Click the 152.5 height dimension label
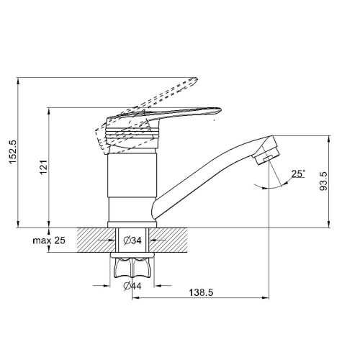click(x=12, y=152)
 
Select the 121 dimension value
click(x=43, y=167)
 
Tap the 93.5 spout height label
click(x=323, y=181)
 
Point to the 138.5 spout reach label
click(x=201, y=292)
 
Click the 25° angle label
click(x=299, y=174)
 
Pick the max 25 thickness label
click(x=49, y=240)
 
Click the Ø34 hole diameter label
click(x=132, y=240)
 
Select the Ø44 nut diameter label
click(x=132, y=286)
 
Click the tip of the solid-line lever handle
click(x=220, y=110)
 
